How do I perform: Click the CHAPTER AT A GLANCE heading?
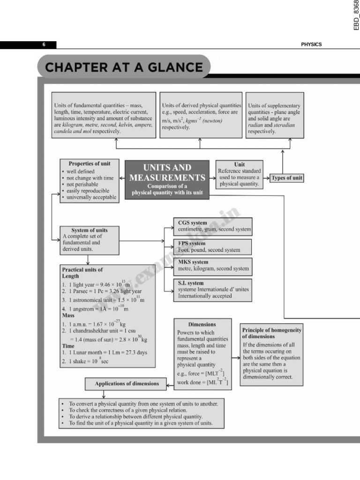124,67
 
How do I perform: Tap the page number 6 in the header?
44,45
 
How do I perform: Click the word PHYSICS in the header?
311,45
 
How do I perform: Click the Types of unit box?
287,178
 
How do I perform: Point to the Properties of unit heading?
90,164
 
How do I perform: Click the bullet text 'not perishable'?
82,185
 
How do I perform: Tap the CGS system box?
214,226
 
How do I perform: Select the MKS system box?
213,265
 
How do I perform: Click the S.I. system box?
213,290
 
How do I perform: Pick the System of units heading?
89,230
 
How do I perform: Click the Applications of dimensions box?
127,383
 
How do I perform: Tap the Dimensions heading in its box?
202,324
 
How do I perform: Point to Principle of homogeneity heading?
271,333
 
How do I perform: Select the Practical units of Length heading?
82,273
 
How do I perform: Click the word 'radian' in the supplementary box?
256,125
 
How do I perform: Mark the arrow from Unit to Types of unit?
266,178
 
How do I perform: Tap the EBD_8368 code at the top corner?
356,15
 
